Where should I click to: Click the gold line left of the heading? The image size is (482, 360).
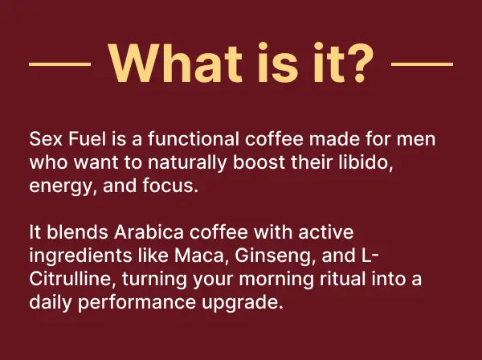coord(60,64)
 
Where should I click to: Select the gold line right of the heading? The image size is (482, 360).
coord(422,64)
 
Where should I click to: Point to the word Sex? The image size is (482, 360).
coord(46,139)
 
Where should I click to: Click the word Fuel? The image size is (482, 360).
coord(87,139)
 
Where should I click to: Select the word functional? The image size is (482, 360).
coord(194,139)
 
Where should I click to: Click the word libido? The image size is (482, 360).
coord(366,162)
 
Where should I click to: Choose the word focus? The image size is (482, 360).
coord(170,186)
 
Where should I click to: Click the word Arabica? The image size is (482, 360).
coord(149,231)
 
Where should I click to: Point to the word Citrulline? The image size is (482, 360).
coord(72,279)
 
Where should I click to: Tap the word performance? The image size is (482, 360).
coord(137,303)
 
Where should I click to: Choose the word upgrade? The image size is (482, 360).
coord(243,303)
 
